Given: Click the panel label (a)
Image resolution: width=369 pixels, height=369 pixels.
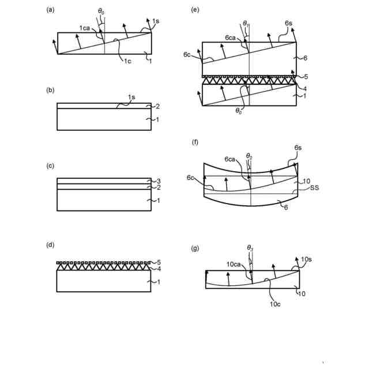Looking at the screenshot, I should click(50, 10).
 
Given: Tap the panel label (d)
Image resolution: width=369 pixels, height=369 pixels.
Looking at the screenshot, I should click(50, 245).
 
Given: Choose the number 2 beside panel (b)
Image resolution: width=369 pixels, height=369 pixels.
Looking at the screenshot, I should click(159, 107).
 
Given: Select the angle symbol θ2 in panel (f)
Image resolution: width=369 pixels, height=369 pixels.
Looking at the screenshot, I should click(249, 156).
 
